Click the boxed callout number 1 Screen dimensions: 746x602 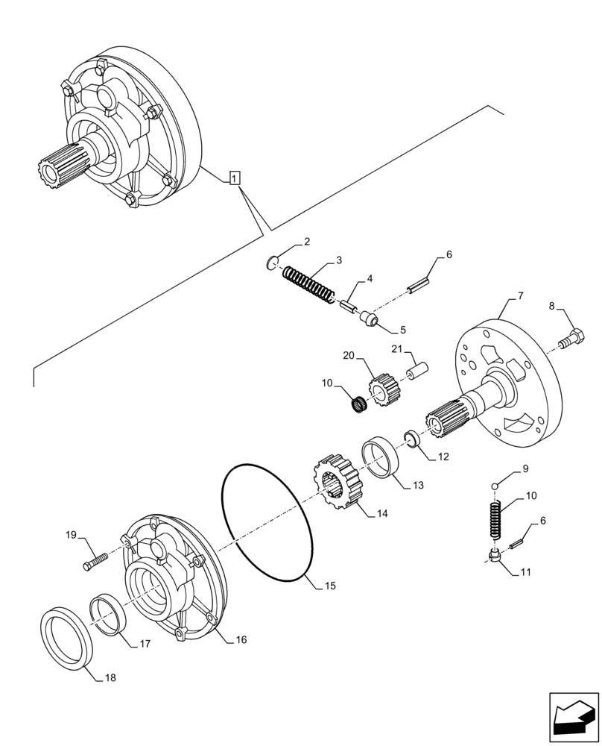coord(235,178)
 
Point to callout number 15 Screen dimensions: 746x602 coord(329,586)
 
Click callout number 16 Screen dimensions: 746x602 coord(241,640)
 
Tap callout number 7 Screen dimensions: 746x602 coord(520,296)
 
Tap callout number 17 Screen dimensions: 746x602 coord(145,643)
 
